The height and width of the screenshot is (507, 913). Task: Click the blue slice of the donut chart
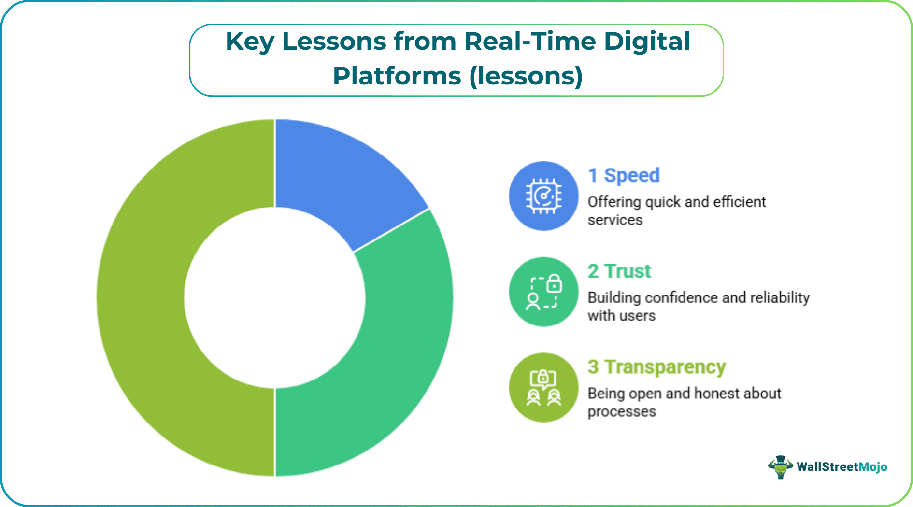[338, 174]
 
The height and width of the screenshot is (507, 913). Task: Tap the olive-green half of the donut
[145, 299]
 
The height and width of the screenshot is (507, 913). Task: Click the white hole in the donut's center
[274, 297]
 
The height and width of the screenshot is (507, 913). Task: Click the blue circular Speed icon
[543, 196]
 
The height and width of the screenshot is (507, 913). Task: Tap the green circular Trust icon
[543, 292]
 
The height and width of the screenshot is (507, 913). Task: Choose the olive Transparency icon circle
[543, 387]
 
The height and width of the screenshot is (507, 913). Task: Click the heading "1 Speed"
[624, 175]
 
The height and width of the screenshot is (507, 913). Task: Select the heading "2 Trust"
[619, 271]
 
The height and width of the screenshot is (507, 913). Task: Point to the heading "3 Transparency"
[656, 367]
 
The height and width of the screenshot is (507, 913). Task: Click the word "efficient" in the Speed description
[739, 201]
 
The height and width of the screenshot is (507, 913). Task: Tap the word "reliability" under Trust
[780, 297]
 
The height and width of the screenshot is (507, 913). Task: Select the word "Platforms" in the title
[397, 76]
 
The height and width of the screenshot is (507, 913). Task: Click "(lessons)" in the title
[526, 76]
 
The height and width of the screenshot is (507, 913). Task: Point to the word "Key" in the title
[250, 42]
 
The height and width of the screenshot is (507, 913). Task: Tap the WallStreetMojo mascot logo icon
[780, 467]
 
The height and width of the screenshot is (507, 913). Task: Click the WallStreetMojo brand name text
[842, 467]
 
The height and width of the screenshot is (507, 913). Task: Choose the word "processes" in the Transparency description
[622, 411]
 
